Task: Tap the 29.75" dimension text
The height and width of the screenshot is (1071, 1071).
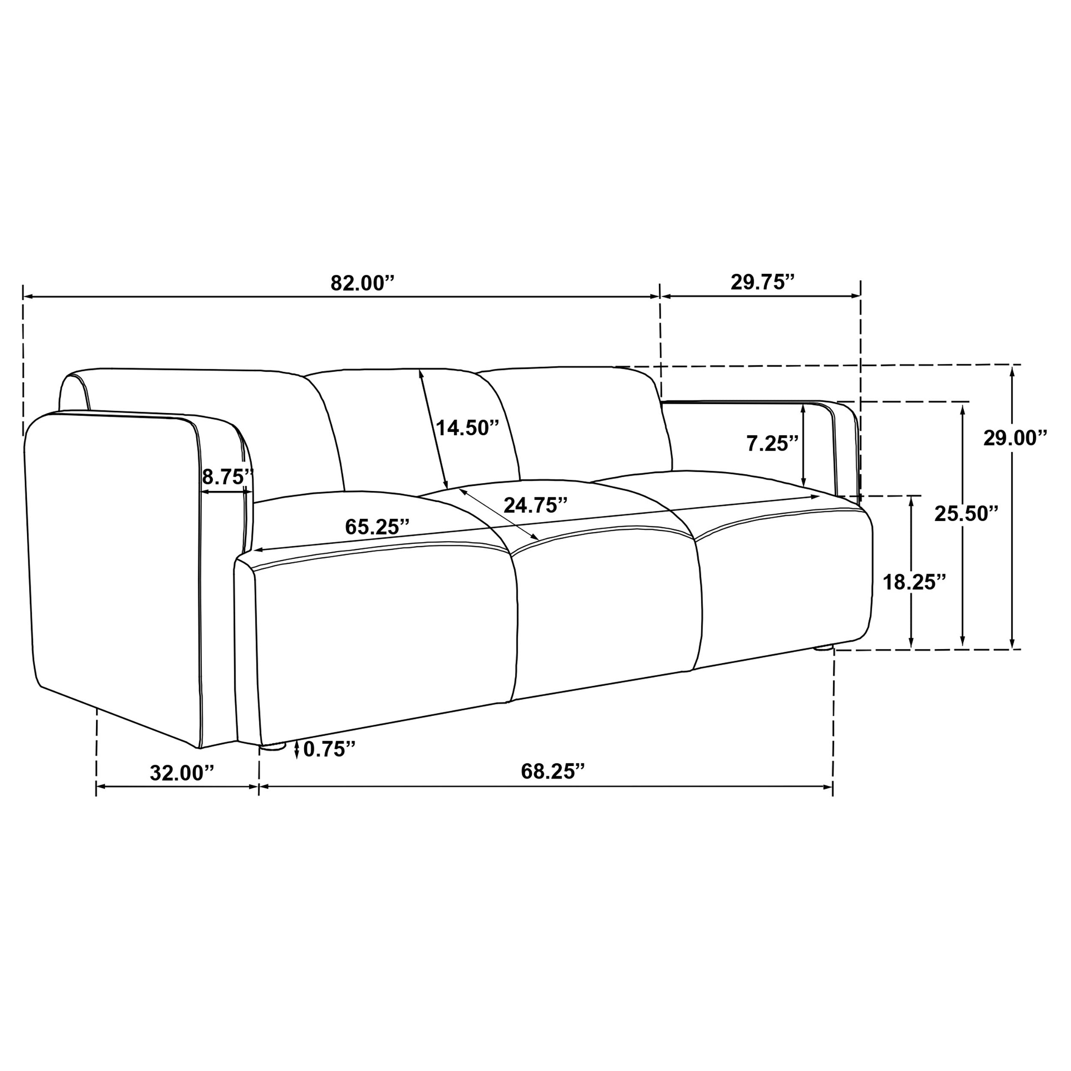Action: click(x=762, y=282)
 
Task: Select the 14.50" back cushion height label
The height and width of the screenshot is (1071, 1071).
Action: click(x=467, y=428)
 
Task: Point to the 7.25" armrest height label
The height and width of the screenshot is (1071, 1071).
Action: click(x=772, y=443)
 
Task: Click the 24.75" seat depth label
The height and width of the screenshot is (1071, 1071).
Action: click(x=535, y=505)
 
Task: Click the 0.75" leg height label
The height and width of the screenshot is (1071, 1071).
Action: click(x=329, y=749)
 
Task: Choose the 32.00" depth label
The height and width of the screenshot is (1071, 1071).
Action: click(x=182, y=773)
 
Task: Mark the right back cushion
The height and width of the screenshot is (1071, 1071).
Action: click(x=582, y=421)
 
